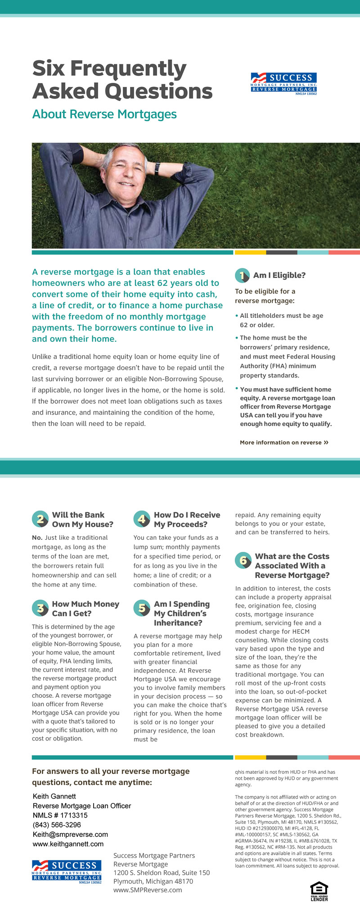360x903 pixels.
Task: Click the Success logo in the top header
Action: [283, 83]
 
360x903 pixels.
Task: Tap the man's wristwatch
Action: [157, 168]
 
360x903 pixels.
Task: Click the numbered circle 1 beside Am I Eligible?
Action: [242, 275]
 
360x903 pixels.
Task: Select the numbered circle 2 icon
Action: [40, 519]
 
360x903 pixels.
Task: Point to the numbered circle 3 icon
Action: [40, 609]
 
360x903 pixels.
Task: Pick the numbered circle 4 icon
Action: [142, 519]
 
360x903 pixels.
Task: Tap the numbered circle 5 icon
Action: [142, 609]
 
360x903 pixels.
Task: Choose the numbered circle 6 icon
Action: [243, 561]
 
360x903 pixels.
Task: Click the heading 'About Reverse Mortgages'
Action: [104, 114]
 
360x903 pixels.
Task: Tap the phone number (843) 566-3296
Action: [57, 825]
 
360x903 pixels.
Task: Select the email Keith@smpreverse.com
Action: [70, 835]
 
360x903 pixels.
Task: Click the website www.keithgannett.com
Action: [68, 844]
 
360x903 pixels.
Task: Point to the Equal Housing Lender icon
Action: [319, 891]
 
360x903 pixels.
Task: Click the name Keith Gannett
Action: [54, 796]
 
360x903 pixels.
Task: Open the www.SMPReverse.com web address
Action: [148, 890]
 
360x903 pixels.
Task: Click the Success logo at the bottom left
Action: [67, 871]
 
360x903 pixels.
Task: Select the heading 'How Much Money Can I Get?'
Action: [85, 609]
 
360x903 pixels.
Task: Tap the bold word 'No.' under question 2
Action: [37, 537]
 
